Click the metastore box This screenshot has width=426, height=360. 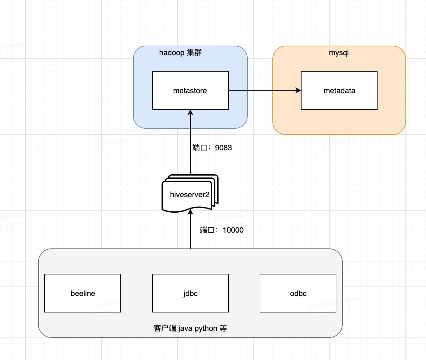coord(190,90)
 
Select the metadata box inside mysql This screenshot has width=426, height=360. coord(339,90)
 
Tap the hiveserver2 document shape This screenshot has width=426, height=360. coord(189,195)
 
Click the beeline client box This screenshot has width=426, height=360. coord(83,293)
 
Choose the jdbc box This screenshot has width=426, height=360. coord(190,293)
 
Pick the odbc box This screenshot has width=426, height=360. coord(298,293)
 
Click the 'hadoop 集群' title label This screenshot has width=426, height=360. coord(180,53)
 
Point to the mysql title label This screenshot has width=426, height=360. coord(339,53)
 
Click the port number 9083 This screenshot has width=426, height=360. coord(223,148)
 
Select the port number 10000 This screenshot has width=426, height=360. coord(233,230)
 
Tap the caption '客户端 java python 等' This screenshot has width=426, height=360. coord(190,328)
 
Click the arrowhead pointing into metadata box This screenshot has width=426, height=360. coord(298,90)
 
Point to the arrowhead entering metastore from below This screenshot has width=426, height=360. coord(190,112)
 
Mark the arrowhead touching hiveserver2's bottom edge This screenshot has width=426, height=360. coord(190,212)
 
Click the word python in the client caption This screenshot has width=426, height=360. coord(206,328)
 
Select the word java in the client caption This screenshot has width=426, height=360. coord(185,328)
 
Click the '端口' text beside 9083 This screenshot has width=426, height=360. coord(200,148)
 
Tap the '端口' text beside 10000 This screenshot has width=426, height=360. coord(207,230)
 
